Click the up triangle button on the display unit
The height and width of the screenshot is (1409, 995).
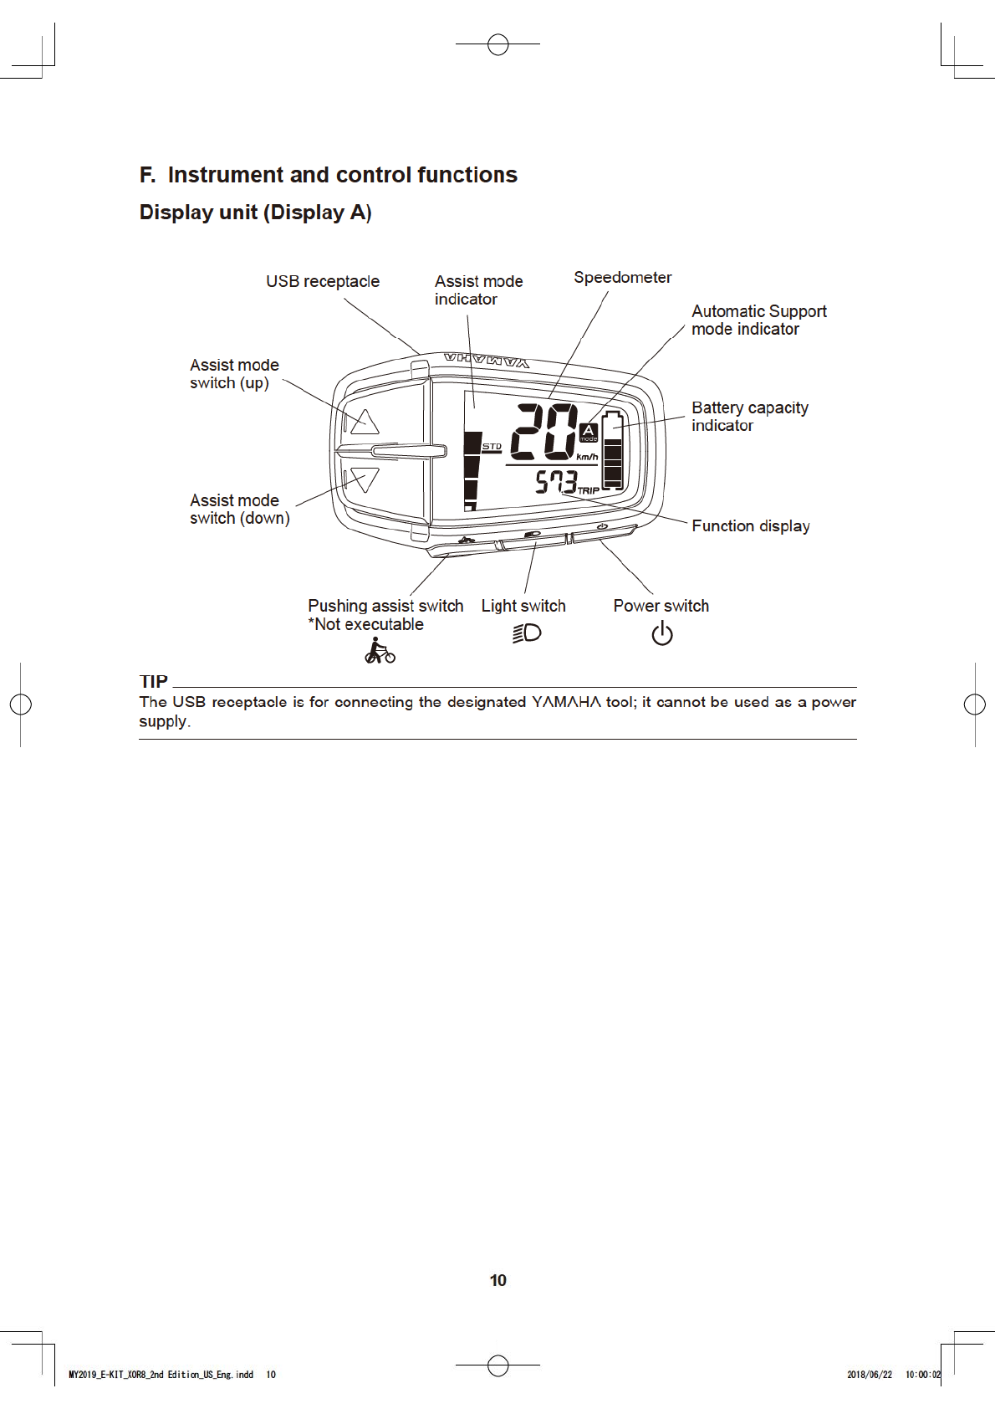coord(364,422)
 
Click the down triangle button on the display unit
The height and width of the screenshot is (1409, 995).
coord(365,479)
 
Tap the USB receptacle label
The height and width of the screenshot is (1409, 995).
coord(323,281)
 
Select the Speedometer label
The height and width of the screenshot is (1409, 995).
coord(622,277)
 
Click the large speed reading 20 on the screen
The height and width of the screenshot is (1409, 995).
coord(543,432)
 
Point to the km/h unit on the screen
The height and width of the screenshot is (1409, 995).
coord(587,457)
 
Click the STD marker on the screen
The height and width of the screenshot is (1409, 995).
coord(492,447)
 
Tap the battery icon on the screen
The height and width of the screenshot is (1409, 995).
coord(613,450)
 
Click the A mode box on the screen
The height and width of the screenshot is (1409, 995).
coord(589,432)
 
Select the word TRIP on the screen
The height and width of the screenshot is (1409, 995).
coord(589,490)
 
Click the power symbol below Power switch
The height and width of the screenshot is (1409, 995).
coord(661,633)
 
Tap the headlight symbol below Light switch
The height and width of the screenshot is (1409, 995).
coord(527,633)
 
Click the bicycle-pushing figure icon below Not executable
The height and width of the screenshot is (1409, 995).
coord(380,651)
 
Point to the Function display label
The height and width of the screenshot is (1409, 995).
coord(750,525)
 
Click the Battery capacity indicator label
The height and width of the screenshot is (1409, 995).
coord(749,416)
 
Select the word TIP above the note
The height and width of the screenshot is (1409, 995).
coord(154,681)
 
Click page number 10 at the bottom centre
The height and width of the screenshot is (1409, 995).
coord(497,1280)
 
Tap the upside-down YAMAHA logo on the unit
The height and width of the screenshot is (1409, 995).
coord(487,361)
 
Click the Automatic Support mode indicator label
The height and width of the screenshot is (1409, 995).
coord(758,320)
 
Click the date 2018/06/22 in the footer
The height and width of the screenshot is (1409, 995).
coord(869,1375)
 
